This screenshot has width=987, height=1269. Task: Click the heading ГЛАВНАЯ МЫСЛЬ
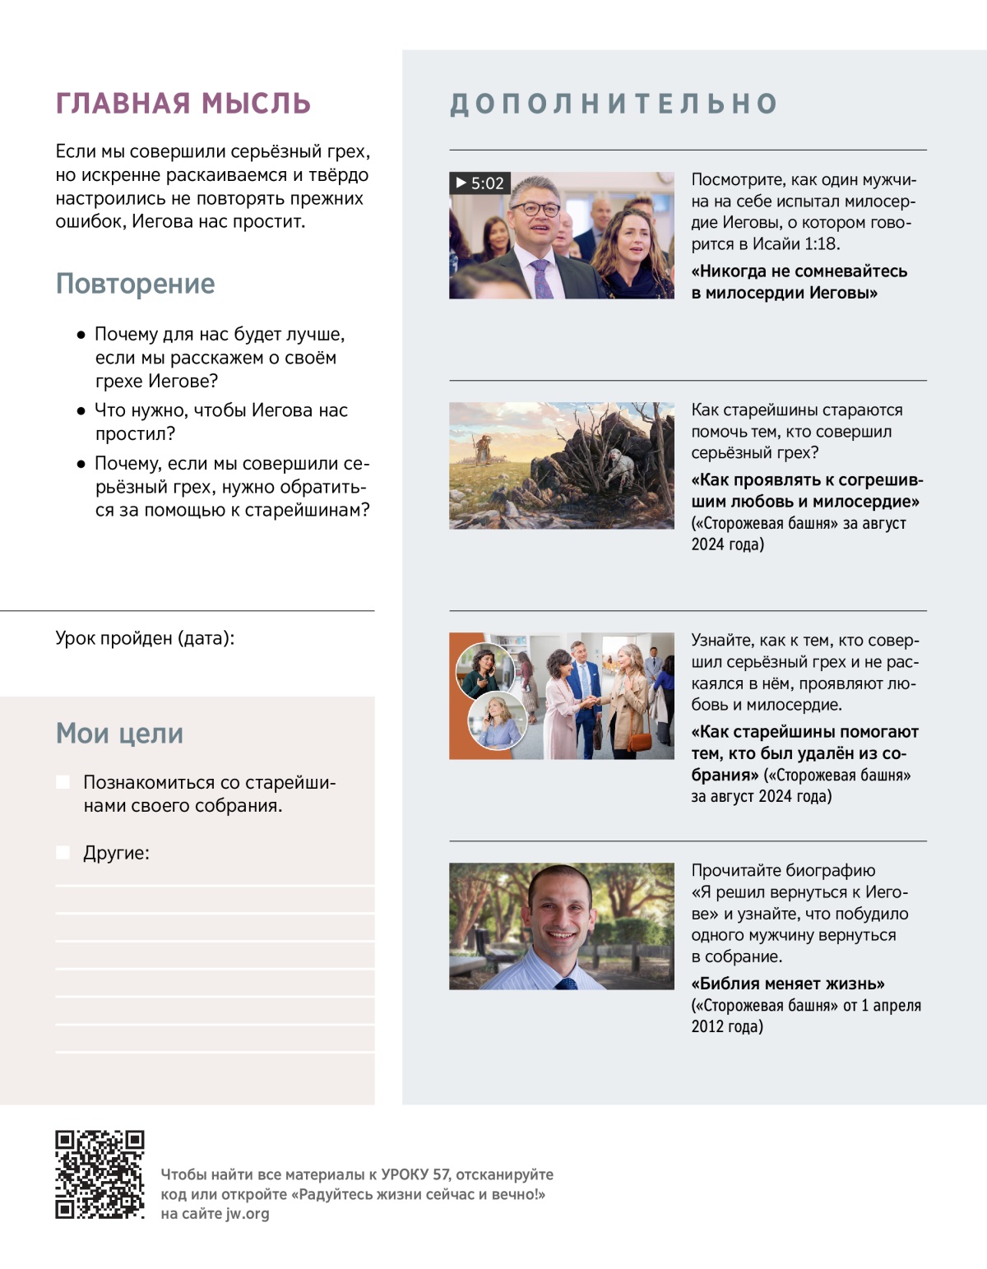[x=183, y=104]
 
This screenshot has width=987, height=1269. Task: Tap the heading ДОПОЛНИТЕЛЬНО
[x=614, y=104]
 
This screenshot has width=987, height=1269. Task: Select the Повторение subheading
[x=135, y=284]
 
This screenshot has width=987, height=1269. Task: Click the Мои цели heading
[x=119, y=733]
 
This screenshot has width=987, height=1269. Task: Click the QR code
[x=100, y=1174]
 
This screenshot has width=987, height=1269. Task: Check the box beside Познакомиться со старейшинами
[x=63, y=782]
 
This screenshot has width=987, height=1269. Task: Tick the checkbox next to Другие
[x=63, y=853]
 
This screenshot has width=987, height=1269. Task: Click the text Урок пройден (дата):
[x=145, y=638]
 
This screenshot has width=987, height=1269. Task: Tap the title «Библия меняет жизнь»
[x=788, y=984]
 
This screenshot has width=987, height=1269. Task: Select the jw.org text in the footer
[x=247, y=1214]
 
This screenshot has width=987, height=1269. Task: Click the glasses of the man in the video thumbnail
[x=535, y=209]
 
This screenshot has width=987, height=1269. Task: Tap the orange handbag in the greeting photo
[x=638, y=739]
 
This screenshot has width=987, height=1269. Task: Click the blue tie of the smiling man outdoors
[x=567, y=983]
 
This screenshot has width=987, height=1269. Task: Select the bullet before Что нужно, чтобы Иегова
[x=81, y=410]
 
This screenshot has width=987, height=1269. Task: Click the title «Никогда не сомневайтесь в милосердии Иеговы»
[x=799, y=282]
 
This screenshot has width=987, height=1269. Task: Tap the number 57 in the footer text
[x=441, y=1174]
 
